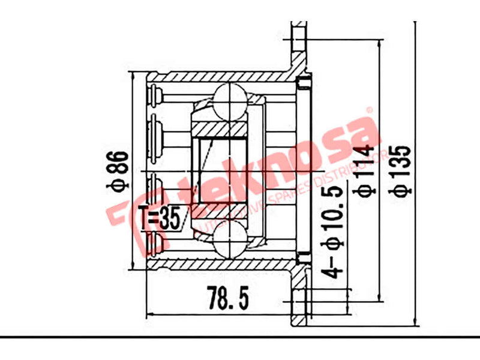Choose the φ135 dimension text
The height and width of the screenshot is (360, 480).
pyautogui.click(x=401, y=170)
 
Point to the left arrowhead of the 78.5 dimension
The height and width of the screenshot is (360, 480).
pyautogui.click(x=150, y=313)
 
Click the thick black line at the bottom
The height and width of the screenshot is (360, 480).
pyautogui.click(x=240, y=337)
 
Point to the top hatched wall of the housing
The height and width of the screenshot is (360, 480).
pyautogui.click(x=216, y=77)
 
